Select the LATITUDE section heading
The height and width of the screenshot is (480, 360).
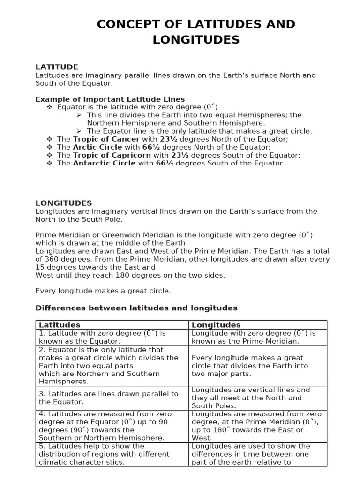[57, 67]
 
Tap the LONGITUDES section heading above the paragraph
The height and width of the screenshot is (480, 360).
[64, 203]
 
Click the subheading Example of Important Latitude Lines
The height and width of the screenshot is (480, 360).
[110, 99]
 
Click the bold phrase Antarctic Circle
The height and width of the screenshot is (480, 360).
[104, 163]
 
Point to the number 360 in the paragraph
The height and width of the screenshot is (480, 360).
[52, 259]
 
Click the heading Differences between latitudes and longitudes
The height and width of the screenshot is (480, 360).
[136, 308]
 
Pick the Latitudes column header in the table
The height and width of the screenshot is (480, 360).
[60, 325]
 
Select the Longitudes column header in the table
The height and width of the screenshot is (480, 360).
[216, 325]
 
